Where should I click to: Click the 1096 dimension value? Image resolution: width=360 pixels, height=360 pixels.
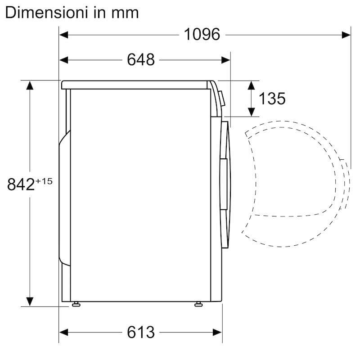click(x=202, y=35)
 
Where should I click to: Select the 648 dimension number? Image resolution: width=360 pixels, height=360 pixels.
click(x=141, y=60)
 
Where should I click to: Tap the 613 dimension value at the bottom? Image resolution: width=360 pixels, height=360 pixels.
click(x=141, y=332)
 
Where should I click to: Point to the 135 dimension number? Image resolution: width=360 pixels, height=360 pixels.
click(x=272, y=99)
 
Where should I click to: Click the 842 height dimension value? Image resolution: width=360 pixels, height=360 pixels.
click(x=21, y=184)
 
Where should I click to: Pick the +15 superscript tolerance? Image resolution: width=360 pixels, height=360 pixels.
click(x=44, y=181)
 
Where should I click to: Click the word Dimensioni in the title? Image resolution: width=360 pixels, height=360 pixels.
click(x=46, y=13)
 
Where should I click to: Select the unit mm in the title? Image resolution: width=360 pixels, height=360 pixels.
click(x=125, y=14)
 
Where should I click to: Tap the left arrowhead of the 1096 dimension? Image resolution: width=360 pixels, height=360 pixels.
click(x=63, y=35)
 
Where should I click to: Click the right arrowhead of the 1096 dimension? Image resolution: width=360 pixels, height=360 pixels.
click(x=346, y=35)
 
